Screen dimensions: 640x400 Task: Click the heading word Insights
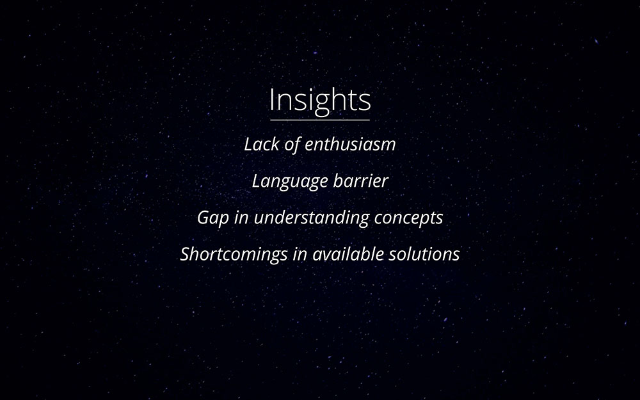tap(320, 100)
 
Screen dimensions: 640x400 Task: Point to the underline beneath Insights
tap(320, 120)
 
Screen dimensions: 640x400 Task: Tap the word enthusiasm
tap(350, 144)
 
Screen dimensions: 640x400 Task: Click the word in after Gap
tap(241, 218)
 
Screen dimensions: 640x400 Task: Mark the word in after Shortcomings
tap(300, 254)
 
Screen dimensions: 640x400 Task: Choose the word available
tap(348, 254)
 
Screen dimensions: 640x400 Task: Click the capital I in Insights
tap(271, 100)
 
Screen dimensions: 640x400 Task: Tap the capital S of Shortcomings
tap(186, 254)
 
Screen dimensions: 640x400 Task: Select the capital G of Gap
tap(204, 217)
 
